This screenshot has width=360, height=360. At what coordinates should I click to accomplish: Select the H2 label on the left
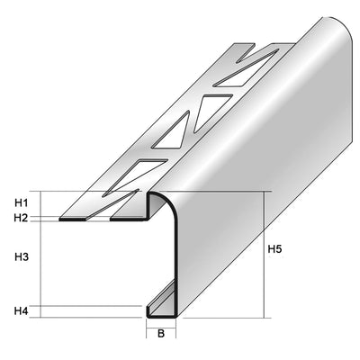coord(22,217)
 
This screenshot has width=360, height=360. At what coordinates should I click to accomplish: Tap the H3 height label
coord(22,257)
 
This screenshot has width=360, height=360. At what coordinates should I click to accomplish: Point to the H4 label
coord(22,311)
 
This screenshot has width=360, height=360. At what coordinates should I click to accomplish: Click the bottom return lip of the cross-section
coord(162,317)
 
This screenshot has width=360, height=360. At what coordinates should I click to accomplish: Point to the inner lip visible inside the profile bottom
coord(162,293)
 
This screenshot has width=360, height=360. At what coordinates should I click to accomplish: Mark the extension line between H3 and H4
coord(90,305)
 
